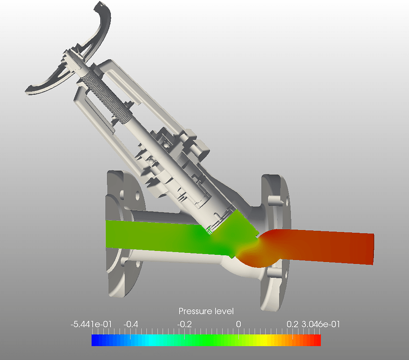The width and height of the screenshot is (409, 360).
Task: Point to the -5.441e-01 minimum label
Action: point(91,324)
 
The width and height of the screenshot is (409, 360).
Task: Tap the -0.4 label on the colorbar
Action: point(131,324)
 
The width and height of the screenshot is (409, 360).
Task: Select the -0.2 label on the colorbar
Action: point(185,324)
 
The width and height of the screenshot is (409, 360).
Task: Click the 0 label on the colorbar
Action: point(238,324)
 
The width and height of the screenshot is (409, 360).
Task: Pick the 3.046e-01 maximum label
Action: point(320,324)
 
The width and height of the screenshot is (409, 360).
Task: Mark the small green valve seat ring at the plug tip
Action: point(210,231)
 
